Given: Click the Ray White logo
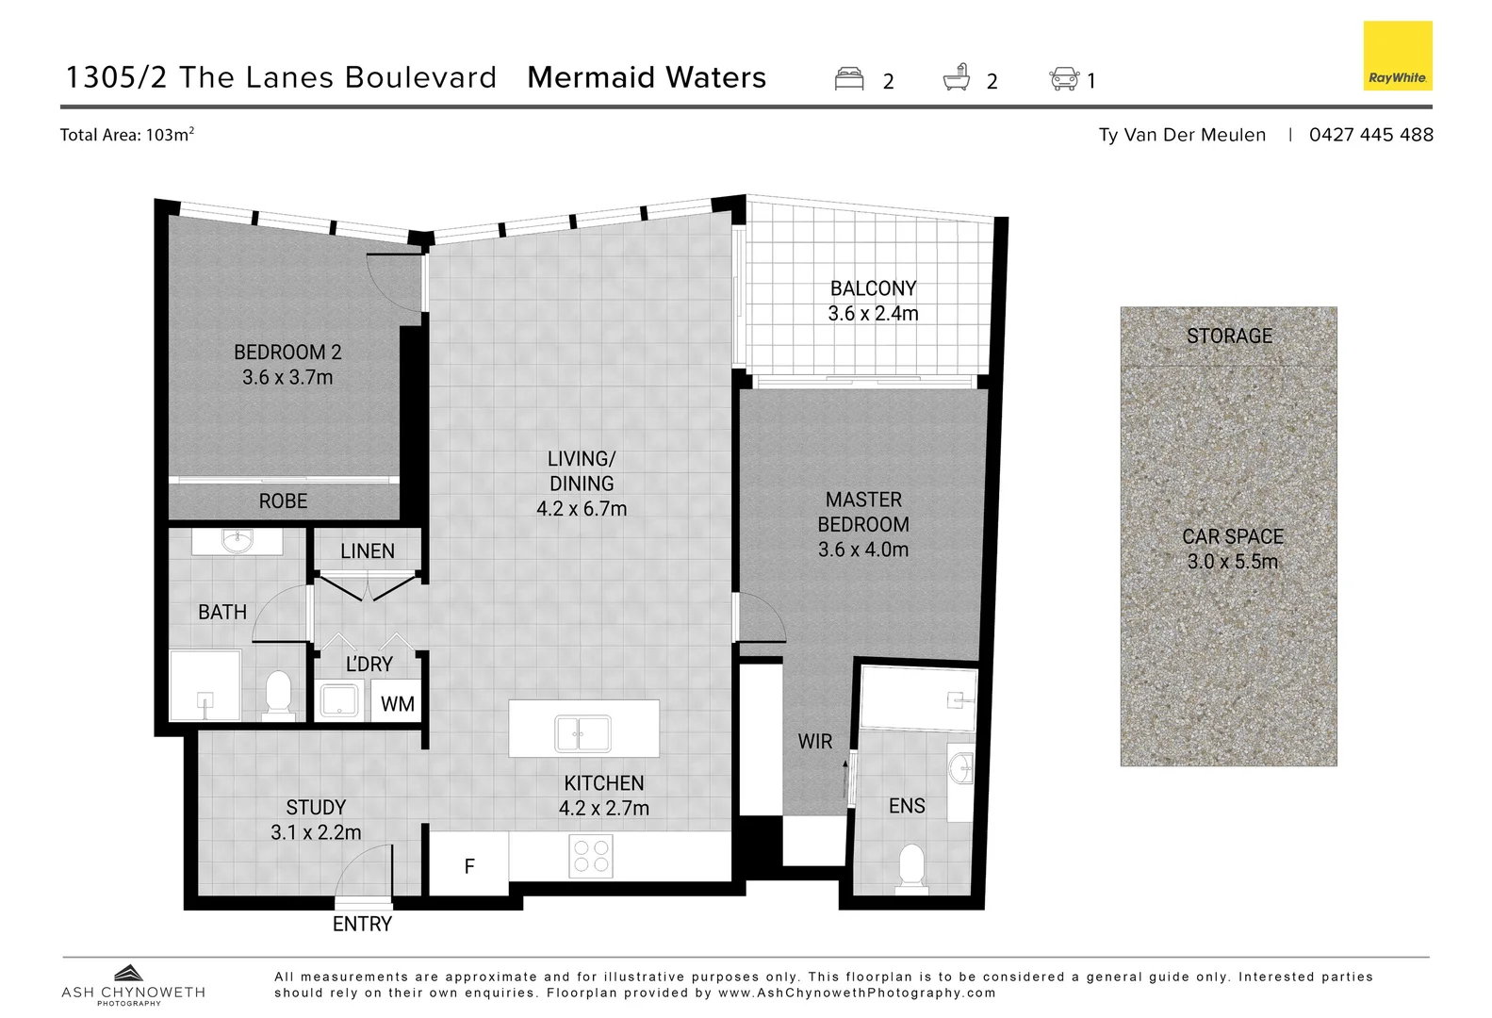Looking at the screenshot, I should (x=1398, y=57).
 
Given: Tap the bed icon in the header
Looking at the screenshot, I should (x=849, y=78).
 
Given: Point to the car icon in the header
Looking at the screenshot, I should (x=1064, y=78).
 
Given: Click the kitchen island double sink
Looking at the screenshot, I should (x=582, y=733).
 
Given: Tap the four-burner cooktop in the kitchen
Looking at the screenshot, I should (x=591, y=856).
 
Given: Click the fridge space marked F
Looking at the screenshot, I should (x=469, y=865).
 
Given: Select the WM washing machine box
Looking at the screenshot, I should (x=397, y=703).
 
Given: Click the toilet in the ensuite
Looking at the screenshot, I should (x=911, y=867).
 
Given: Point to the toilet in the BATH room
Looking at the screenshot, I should (x=278, y=694).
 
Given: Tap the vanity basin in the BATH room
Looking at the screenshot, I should (x=237, y=541).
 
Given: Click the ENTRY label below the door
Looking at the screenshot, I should (x=362, y=924).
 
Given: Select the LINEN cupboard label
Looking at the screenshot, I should (x=368, y=550).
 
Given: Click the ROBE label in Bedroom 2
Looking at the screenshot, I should (x=283, y=501).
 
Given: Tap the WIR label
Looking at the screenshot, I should (x=814, y=741).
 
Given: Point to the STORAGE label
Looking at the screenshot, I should (x=1229, y=336).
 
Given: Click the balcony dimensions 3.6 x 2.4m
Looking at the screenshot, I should (x=873, y=313).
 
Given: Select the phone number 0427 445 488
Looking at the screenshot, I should (x=1370, y=134).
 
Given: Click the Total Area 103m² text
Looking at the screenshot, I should (x=127, y=134).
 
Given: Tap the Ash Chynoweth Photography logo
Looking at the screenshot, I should (x=132, y=985).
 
